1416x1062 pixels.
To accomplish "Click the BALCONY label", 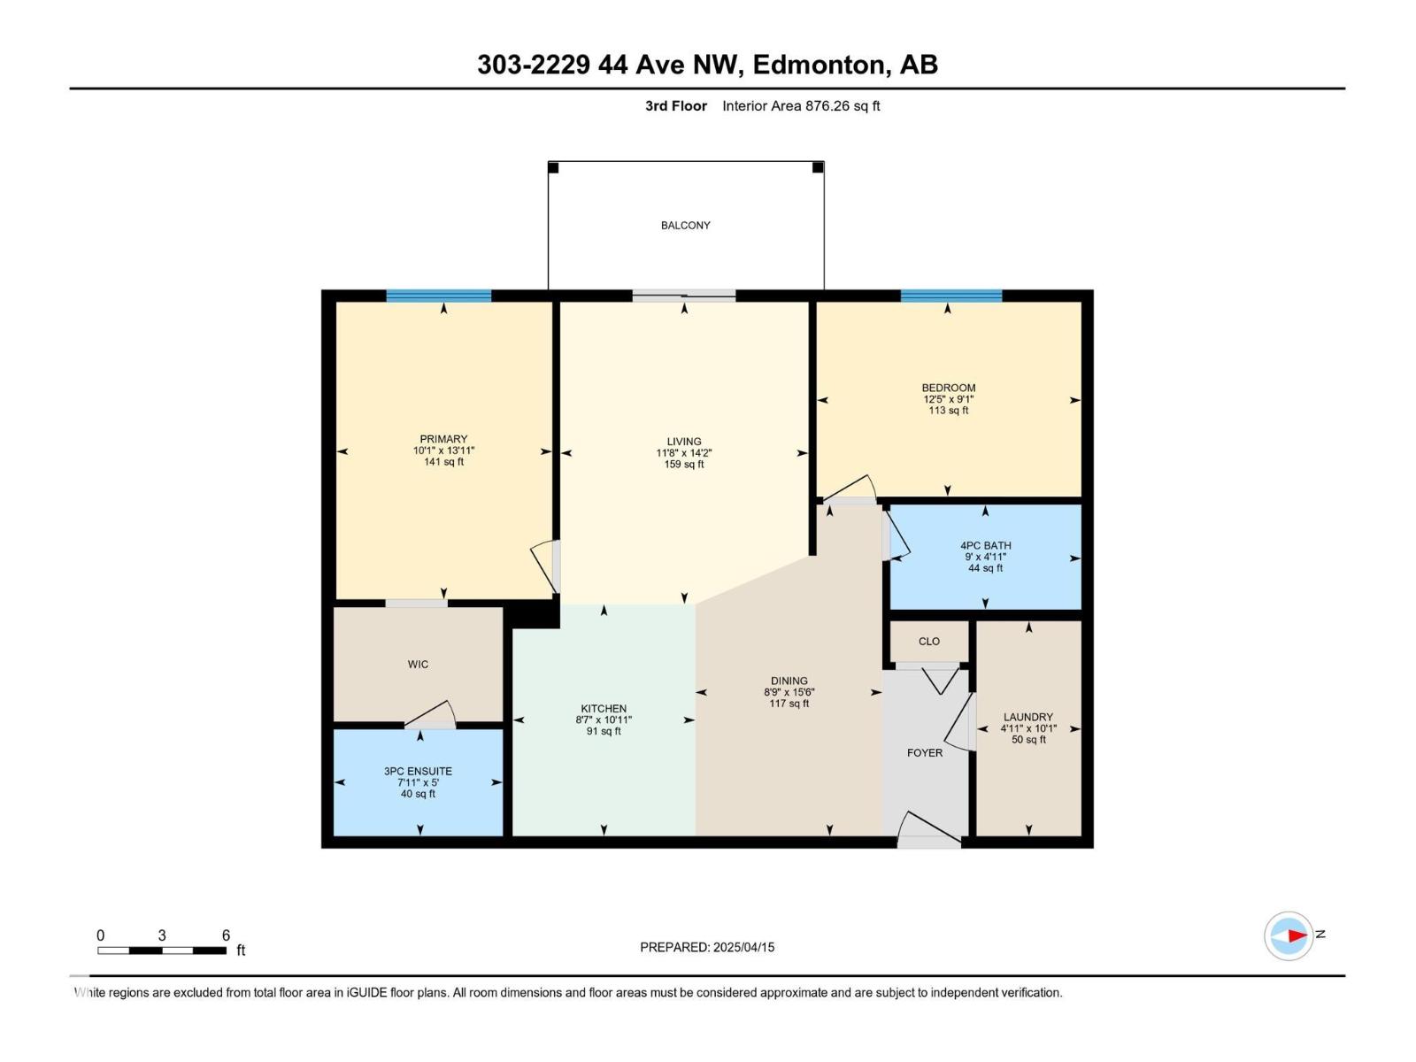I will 685,226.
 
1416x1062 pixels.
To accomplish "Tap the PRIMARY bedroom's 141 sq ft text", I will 443,462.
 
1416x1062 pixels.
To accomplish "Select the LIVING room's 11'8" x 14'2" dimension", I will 684,453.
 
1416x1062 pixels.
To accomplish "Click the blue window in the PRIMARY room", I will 438,296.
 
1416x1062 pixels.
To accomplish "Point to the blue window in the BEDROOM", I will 950,296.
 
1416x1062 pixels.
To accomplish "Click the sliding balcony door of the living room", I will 683,296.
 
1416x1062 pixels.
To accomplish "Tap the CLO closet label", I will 928,642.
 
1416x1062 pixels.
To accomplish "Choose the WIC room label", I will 418,665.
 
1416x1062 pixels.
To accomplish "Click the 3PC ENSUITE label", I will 418,772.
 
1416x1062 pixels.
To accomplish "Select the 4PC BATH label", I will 985,546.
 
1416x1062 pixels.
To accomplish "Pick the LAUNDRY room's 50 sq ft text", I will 1028,740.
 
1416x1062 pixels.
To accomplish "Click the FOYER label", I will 925,753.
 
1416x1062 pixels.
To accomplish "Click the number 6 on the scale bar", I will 226,935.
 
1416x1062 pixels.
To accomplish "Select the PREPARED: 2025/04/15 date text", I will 707,947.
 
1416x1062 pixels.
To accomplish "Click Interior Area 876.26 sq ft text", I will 801,106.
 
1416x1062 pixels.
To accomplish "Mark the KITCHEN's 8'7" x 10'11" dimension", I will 604,720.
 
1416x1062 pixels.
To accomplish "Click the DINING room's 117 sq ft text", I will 789,704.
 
